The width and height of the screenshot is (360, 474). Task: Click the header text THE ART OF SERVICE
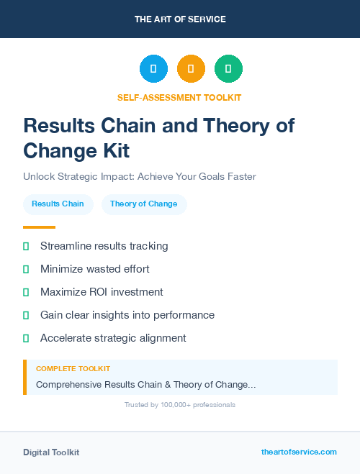coord(180,19)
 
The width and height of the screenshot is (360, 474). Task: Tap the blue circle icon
coord(153,69)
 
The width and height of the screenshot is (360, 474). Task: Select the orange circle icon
coord(191,69)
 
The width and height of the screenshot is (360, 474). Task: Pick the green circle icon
coord(228,69)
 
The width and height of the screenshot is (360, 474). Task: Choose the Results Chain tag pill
coord(58,204)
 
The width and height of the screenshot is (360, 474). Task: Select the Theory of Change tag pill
coord(143,204)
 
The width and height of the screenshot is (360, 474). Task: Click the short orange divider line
coord(39,227)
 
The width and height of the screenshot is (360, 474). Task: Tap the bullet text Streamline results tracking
coord(104,246)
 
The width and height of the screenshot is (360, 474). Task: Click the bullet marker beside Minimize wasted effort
coord(26,269)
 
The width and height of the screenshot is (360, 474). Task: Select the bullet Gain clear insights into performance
coord(127,315)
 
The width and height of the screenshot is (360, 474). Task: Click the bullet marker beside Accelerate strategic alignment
coord(26,338)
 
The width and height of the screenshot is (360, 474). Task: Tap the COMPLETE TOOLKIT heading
coord(73,368)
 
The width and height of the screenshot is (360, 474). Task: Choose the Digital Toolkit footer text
coord(51,452)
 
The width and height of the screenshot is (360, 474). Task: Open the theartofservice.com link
coord(299,452)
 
